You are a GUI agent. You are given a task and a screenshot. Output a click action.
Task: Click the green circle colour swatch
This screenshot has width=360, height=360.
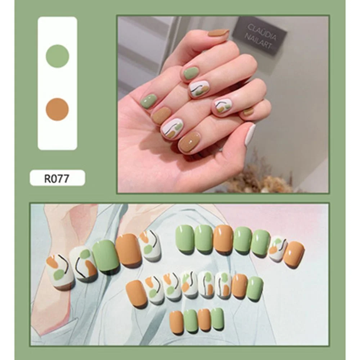pyautogui.click(x=58, y=56)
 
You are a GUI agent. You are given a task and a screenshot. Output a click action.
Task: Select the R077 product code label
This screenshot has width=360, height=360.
pyautogui.click(x=57, y=178)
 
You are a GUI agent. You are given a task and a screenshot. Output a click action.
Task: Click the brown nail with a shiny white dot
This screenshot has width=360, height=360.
pyautogui.click(x=189, y=142)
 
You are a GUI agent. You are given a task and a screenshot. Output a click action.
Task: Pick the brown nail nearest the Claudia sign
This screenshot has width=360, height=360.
pyautogui.click(x=218, y=33)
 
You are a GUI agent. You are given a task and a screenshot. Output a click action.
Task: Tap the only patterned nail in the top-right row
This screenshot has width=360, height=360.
pyautogui.click(x=278, y=248)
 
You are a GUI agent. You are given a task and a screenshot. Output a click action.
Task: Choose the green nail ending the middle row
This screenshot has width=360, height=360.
pyautogui.click(x=255, y=288)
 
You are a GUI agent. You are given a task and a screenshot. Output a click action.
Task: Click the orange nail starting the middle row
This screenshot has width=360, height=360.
pyautogui.click(x=136, y=293)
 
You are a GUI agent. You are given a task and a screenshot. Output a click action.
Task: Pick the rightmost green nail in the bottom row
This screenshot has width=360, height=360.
pyautogui.click(x=217, y=319)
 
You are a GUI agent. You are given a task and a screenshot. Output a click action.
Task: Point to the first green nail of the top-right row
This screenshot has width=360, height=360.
pyautogui.click(x=185, y=238)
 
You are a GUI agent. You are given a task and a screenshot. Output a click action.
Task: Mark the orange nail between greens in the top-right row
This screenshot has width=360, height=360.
pyautogui.click(x=223, y=239)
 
